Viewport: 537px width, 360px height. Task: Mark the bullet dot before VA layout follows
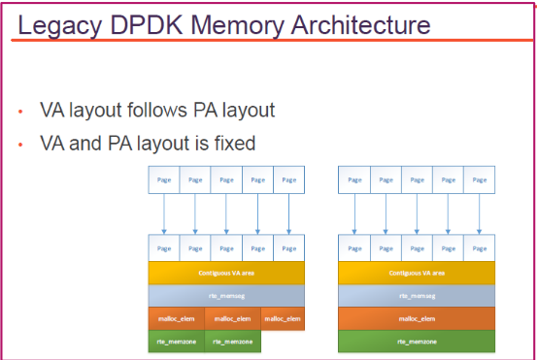coord(20,112)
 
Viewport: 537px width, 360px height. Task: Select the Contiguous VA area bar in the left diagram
coord(225,273)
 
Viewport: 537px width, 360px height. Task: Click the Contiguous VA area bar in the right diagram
coord(417,273)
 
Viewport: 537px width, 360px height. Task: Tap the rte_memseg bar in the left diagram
coord(225,295)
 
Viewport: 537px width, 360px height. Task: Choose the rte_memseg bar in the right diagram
coord(417,295)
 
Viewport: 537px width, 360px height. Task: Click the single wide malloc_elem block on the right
coord(417,317)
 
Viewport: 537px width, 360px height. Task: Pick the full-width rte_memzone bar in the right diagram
coord(417,341)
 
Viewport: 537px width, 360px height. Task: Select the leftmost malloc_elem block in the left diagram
coord(176,317)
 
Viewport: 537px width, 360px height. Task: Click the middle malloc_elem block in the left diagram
coord(233,317)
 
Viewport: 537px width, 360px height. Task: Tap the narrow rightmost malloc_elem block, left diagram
coord(283,317)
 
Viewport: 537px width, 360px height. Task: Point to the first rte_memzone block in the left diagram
coord(176,341)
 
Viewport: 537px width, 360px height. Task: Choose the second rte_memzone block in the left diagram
coord(233,341)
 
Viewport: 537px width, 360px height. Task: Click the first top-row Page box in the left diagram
coord(163,180)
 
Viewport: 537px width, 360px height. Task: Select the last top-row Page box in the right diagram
coord(479,180)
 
